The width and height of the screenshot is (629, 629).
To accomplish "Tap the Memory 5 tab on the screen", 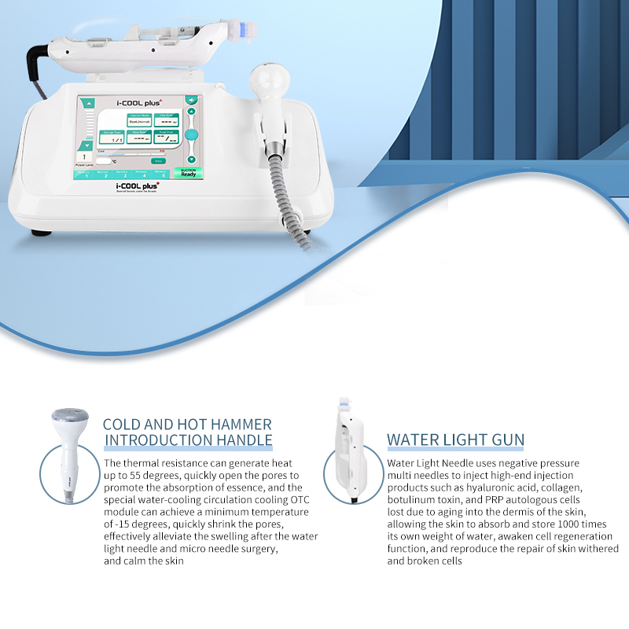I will pos(162,174).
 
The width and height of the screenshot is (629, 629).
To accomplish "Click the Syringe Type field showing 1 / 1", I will pos(116,139).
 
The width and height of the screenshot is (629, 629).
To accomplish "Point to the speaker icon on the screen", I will pos(189,101).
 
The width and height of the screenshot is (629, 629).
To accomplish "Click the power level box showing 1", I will pos(85,156).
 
